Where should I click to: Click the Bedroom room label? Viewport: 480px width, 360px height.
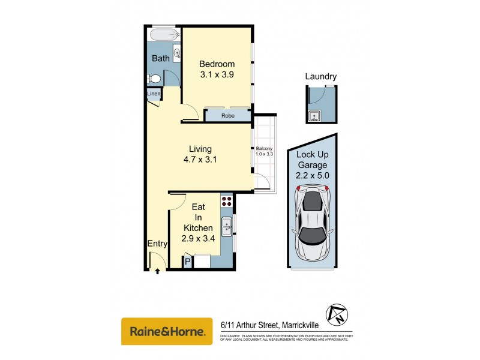[217, 64]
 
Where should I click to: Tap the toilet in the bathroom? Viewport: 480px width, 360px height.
[154, 79]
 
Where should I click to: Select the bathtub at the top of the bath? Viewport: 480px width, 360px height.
[163, 34]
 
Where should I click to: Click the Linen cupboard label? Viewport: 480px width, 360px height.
[154, 94]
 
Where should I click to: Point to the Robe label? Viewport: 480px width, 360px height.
[227, 115]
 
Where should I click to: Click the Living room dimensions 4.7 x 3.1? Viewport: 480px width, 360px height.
[200, 160]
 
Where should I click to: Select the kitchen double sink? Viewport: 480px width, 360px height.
[227, 227]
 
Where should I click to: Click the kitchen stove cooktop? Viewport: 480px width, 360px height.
[227, 201]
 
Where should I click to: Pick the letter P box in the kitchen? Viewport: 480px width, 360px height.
[187, 262]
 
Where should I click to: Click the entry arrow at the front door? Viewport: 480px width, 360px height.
[157, 271]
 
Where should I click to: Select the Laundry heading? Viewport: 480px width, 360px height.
[320, 77]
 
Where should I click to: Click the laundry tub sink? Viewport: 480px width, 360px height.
[313, 116]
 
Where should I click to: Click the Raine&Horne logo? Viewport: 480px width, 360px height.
[167, 331]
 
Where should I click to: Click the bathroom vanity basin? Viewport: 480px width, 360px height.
[177, 54]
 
